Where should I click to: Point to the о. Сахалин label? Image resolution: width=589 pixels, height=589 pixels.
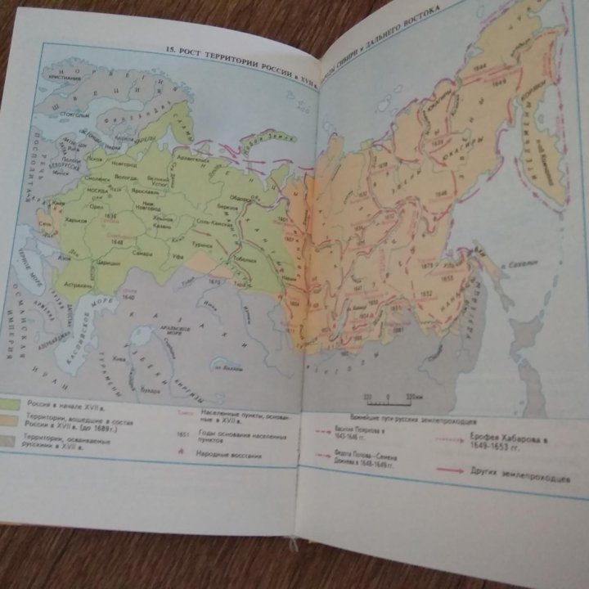click(524, 264)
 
